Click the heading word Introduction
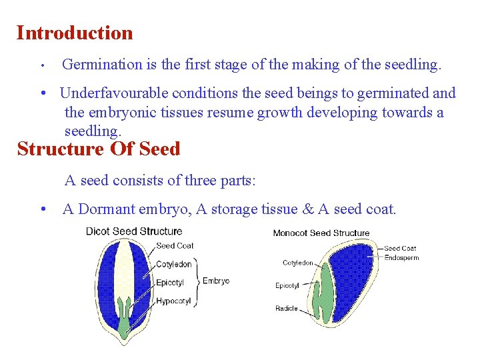(x=75, y=33)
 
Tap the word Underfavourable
(x=110, y=93)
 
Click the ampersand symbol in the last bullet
(x=308, y=209)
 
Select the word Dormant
(x=107, y=209)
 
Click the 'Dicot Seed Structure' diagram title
(x=134, y=231)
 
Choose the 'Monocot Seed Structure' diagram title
(x=321, y=233)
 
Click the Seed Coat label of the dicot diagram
(x=175, y=246)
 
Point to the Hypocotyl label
(x=173, y=301)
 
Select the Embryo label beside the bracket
(x=216, y=281)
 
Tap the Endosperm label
(x=401, y=258)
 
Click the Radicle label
(x=286, y=309)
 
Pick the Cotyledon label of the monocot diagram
(x=298, y=263)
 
